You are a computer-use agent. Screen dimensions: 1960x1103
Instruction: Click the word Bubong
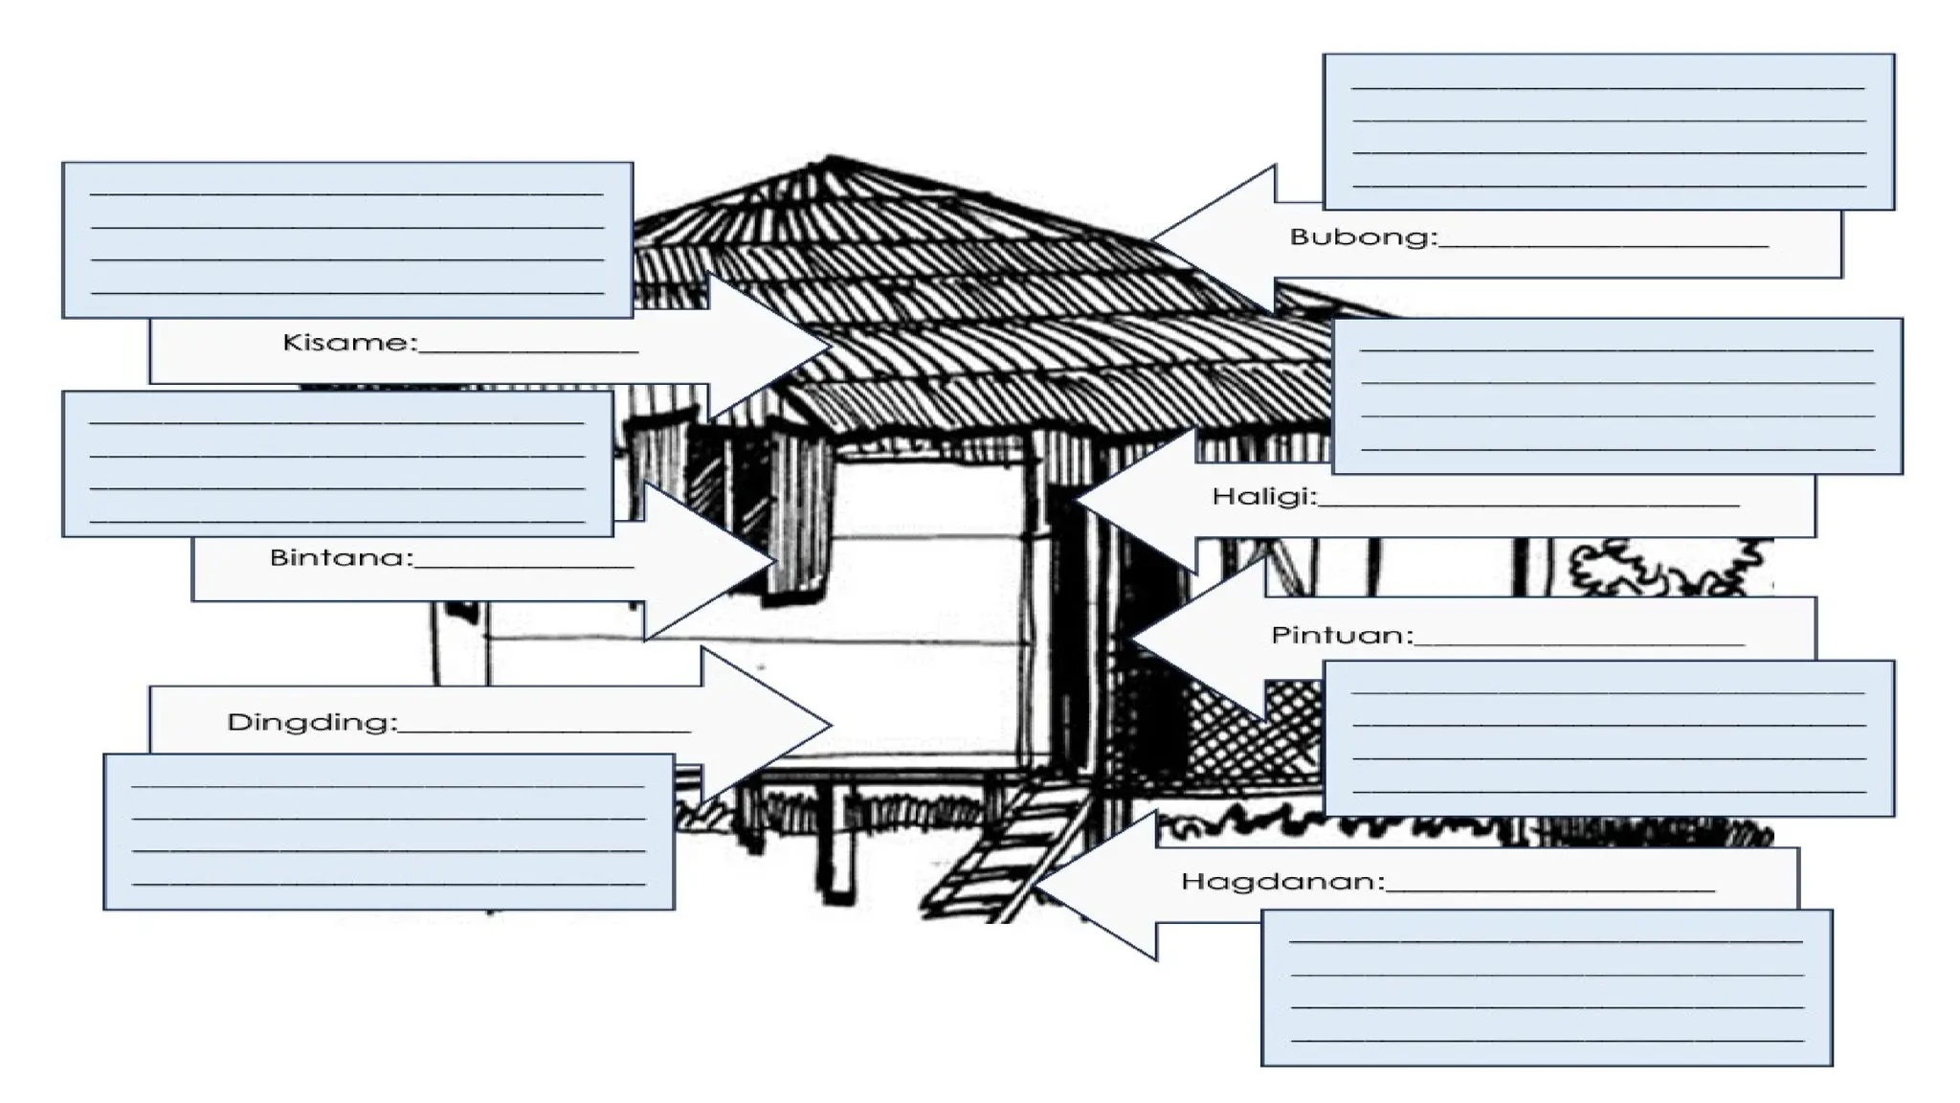click(1363, 236)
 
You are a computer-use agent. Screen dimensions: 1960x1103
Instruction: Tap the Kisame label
click(349, 342)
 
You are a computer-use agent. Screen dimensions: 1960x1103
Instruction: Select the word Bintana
click(341, 557)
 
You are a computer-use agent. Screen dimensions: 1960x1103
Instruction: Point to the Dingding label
click(311, 722)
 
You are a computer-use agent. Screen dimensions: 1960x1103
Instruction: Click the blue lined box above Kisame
click(347, 239)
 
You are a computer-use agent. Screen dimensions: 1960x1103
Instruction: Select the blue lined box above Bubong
click(1609, 131)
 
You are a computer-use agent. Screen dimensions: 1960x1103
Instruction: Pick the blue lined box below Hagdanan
click(1547, 987)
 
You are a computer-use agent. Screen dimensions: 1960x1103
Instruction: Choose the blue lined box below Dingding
click(389, 831)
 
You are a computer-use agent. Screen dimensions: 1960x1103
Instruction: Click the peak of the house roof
click(830, 157)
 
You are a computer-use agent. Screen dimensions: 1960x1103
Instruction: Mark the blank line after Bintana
click(523, 567)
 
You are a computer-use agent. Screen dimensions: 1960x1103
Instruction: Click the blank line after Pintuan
click(1579, 644)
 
